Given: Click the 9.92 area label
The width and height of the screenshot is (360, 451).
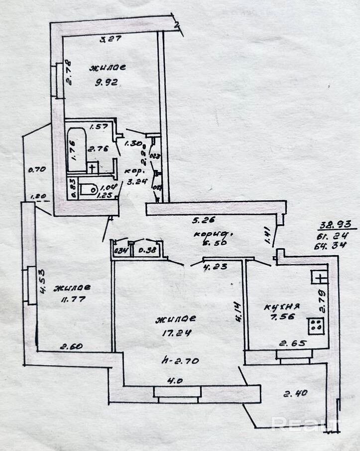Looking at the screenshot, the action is [106, 83].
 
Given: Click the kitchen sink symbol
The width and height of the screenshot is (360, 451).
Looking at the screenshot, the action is [319, 276].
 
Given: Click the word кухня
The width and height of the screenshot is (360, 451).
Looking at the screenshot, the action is [282, 306].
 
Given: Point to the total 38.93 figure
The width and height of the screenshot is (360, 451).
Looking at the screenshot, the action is [330, 225].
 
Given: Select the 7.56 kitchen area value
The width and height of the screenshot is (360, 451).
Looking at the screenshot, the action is [281, 319].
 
